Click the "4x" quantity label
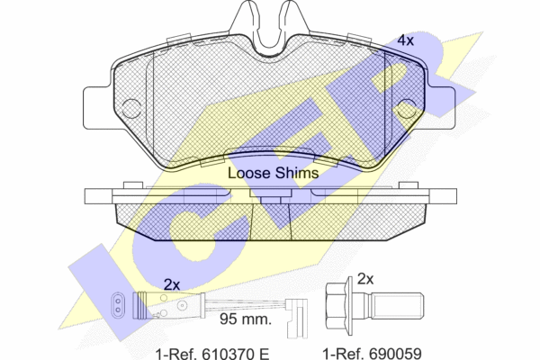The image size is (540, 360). click(x=405, y=40)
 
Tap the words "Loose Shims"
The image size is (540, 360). click(x=273, y=173)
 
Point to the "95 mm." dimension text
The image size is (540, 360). click(x=246, y=319)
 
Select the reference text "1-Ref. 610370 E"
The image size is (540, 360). click(x=212, y=354)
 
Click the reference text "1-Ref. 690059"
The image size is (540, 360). click(x=372, y=354)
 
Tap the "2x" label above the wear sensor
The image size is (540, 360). click(x=172, y=284)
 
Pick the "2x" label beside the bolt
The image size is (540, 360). click(x=365, y=279)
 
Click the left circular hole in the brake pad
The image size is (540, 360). click(x=131, y=109)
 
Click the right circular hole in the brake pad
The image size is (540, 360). click(x=407, y=109)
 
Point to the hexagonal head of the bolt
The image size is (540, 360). click(x=336, y=307)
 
